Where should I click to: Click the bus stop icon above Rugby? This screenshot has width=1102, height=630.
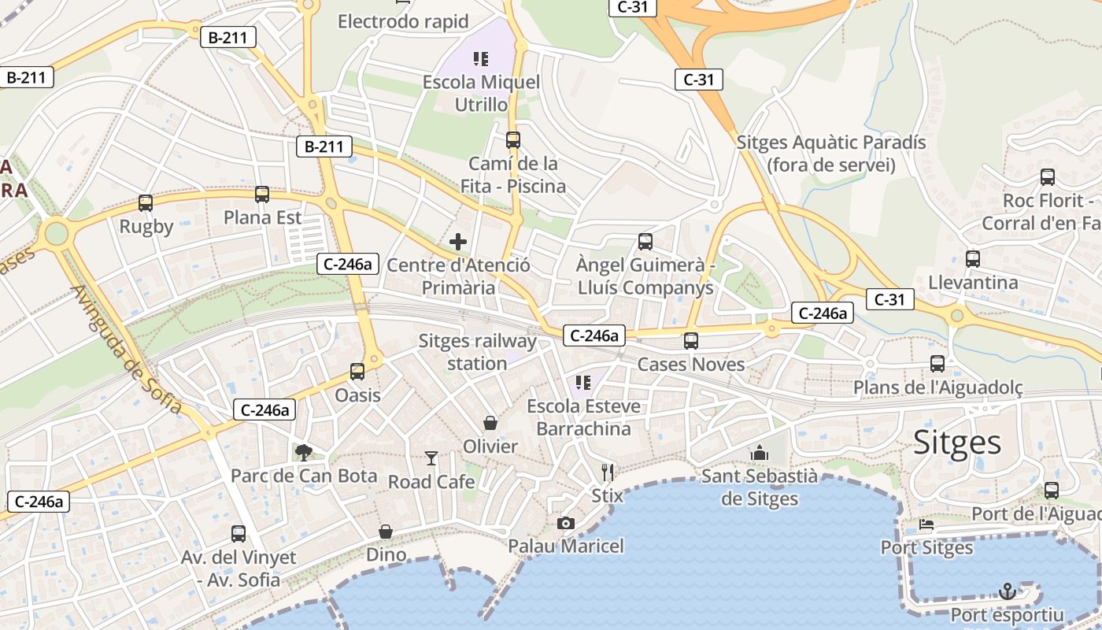pos(146,203)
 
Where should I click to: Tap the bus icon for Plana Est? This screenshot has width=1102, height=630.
pos(262,194)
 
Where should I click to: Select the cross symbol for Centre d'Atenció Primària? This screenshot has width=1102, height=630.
pos(458,242)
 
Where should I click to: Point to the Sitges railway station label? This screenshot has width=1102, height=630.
pos(477,352)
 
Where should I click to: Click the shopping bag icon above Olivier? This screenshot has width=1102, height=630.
pos(490,424)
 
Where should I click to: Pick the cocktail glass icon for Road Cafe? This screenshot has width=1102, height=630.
pos(431,458)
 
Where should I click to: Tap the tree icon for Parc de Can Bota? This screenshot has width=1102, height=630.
pos(303,453)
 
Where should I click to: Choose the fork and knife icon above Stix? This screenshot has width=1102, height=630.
pos(607,472)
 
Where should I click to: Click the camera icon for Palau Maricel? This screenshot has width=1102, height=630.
pos(565,523)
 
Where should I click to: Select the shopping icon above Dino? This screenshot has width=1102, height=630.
pos(386,532)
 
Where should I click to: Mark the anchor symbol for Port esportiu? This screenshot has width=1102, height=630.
pos(1007,591)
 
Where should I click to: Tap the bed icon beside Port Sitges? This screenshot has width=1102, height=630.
pos(926,524)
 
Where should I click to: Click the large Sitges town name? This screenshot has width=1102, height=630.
pos(957,443)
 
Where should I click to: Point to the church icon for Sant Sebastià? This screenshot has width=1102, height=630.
pos(760,453)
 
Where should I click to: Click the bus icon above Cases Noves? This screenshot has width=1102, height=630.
pos(691,341)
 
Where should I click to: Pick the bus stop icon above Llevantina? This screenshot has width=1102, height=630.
pos(973,258)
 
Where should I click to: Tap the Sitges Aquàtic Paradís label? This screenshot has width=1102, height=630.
pos(831,154)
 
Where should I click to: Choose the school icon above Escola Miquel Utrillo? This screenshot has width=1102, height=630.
pos(481,58)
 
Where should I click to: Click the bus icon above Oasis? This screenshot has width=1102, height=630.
pos(357,372)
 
